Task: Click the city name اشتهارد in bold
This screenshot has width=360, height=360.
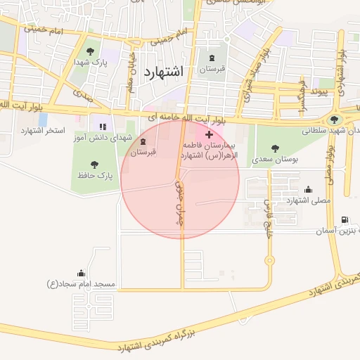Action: tap(162, 72)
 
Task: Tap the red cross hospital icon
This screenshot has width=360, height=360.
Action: tap(209, 134)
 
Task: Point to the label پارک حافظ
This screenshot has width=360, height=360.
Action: tap(96, 175)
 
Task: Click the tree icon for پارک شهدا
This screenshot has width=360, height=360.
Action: tap(90, 51)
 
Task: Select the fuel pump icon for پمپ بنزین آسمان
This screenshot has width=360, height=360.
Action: tap(344, 220)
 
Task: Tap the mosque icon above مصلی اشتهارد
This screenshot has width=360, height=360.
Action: tap(308, 188)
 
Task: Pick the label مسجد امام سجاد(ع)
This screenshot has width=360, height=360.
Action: tap(81, 284)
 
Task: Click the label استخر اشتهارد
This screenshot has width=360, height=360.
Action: tap(42, 131)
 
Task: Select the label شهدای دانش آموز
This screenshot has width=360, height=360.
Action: tap(98, 139)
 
